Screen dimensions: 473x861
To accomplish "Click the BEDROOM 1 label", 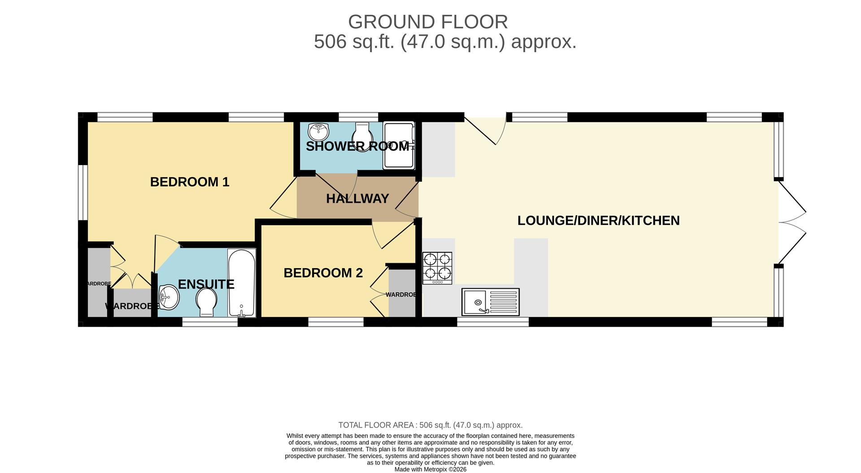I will [x=189, y=182].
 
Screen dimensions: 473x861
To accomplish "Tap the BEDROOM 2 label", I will [x=323, y=273].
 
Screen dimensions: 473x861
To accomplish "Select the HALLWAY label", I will [x=357, y=199].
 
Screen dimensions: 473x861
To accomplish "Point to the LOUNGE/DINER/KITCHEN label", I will [x=598, y=221].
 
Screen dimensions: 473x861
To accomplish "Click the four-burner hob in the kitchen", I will [x=437, y=268].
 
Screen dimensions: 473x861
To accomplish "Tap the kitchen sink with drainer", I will [x=490, y=302].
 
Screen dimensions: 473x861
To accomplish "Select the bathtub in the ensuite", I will [x=242, y=283].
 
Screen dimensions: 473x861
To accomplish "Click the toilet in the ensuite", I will [x=206, y=301].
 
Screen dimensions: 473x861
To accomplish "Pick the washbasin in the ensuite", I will [x=169, y=297].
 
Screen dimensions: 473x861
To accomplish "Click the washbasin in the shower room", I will [x=318, y=132].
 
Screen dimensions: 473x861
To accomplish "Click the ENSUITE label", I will [x=206, y=284].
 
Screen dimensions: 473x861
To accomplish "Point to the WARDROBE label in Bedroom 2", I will [x=401, y=295].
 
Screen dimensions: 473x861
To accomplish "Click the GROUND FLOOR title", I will [x=428, y=22].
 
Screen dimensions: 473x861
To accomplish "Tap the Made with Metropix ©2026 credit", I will [x=430, y=469].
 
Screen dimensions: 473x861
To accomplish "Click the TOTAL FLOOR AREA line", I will [x=430, y=425].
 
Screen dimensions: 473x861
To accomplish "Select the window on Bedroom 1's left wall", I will [x=83, y=193].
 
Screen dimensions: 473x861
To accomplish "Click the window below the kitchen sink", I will [x=492, y=321].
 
